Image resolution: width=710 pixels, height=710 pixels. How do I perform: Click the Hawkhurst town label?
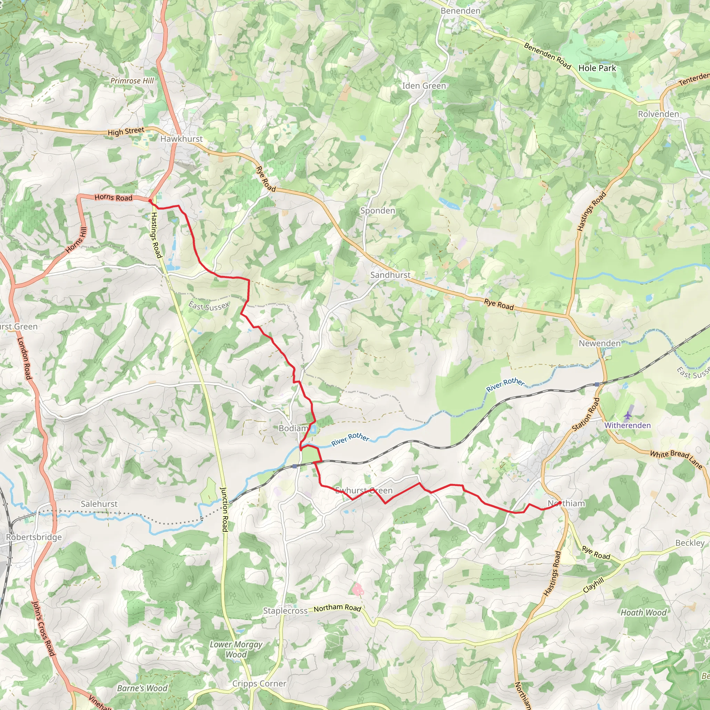pos(182,139)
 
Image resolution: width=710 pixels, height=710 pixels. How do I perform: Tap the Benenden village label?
pos(460,11)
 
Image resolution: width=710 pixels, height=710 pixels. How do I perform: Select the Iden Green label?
pos(424,86)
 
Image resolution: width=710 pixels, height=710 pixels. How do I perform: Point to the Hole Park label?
pos(597,68)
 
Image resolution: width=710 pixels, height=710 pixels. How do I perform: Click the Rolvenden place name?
pos(659,114)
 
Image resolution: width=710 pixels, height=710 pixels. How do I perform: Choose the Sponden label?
pos(378,211)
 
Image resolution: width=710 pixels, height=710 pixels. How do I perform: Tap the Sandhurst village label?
pos(390,275)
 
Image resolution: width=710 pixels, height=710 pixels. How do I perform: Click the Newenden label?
pos(600,343)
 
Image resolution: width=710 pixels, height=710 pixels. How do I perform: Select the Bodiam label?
pos(293,428)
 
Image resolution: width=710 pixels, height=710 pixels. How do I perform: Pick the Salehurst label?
pos(99,504)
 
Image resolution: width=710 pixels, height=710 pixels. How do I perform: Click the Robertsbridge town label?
pos(34,537)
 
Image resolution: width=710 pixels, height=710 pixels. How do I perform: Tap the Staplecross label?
pos(285,611)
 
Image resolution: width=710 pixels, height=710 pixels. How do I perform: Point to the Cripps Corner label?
pos(259,684)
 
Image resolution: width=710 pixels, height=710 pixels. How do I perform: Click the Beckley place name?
pos(690,543)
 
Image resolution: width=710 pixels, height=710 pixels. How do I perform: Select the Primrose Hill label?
pos(132,81)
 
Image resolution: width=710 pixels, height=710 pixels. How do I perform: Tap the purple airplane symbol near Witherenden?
pos(628,415)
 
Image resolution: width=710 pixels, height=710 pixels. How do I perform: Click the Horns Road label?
pos(114,198)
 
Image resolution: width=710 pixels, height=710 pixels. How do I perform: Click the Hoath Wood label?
pos(643,613)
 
